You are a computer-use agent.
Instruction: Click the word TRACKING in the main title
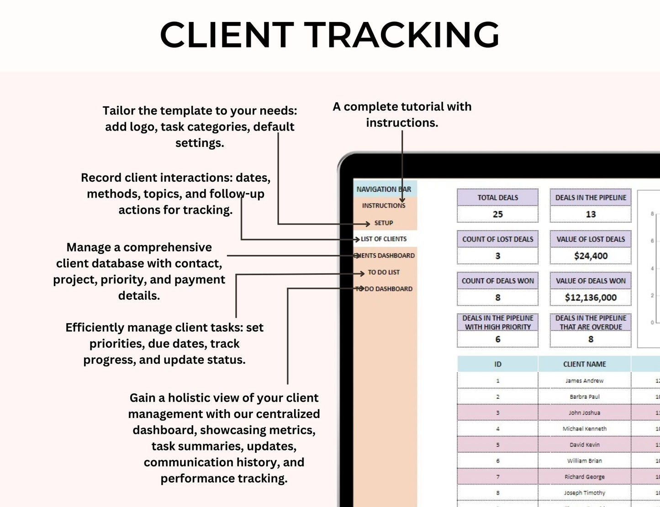(x=402, y=35)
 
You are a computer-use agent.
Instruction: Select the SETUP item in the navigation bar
(x=384, y=223)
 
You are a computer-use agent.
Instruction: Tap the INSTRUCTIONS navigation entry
(x=384, y=206)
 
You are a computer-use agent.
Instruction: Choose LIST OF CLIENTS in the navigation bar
(x=384, y=239)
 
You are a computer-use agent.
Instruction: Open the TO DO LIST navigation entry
(x=384, y=272)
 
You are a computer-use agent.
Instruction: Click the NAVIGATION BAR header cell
(x=384, y=189)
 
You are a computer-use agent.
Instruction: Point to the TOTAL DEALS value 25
(x=497, y=214)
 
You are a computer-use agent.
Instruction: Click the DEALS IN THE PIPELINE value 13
(x=591, y=214)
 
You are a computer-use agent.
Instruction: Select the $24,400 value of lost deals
(x=591, y=256)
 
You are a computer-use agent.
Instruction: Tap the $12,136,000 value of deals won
(x=591, y=298)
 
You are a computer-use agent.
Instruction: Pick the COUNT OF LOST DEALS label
(x=497, y=239)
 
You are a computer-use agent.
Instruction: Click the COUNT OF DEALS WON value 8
(x=497, y=298)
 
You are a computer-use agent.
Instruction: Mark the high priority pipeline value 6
(x=497, y=339)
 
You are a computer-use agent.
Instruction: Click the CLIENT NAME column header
(x=584, y=364)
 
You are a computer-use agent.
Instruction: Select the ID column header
(x=497, y=364)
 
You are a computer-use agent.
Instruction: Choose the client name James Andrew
(x=584, y=381)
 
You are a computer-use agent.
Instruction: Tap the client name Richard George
(x=584, y=477)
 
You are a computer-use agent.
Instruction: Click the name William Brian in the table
(x=584, y=461)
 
